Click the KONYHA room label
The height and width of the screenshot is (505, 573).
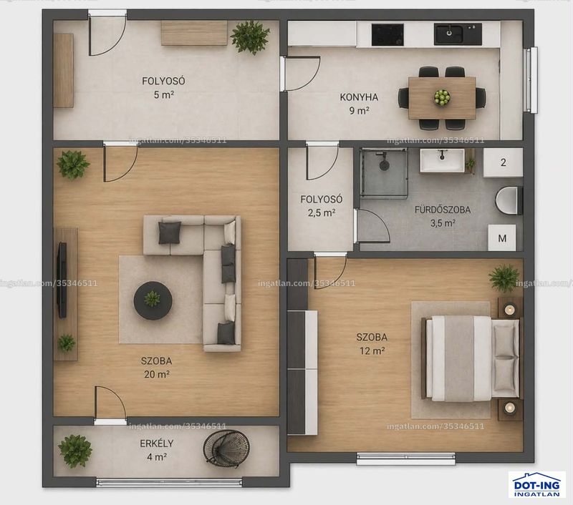point(359,97)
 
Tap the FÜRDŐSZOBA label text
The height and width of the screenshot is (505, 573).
point(442,210)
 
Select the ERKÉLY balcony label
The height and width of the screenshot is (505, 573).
point(157,443)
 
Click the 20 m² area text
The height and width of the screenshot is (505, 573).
point(157,374)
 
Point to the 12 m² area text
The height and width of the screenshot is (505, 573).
point(372,351)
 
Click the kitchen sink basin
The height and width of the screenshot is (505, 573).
point(458,34)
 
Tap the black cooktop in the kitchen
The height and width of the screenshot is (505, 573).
point(387,34)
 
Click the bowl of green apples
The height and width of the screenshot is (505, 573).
point(442,97)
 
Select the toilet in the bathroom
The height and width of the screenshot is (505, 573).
point(509,200)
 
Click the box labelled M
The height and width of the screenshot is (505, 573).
point(502,238)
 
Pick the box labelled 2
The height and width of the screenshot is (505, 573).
point(504,162)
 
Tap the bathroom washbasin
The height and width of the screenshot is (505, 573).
point(442,160)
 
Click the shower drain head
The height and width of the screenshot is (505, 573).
point(384,165)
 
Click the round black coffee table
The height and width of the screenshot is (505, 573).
point(153,300)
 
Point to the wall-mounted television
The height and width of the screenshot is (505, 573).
point(62,280)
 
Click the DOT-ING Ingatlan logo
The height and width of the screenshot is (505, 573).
point(536,484)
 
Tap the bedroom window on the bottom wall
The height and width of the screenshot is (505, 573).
point(405,459)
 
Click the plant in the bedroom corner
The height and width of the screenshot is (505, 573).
point(504,278)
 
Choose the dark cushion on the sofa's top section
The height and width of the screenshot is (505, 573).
point(170,232)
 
